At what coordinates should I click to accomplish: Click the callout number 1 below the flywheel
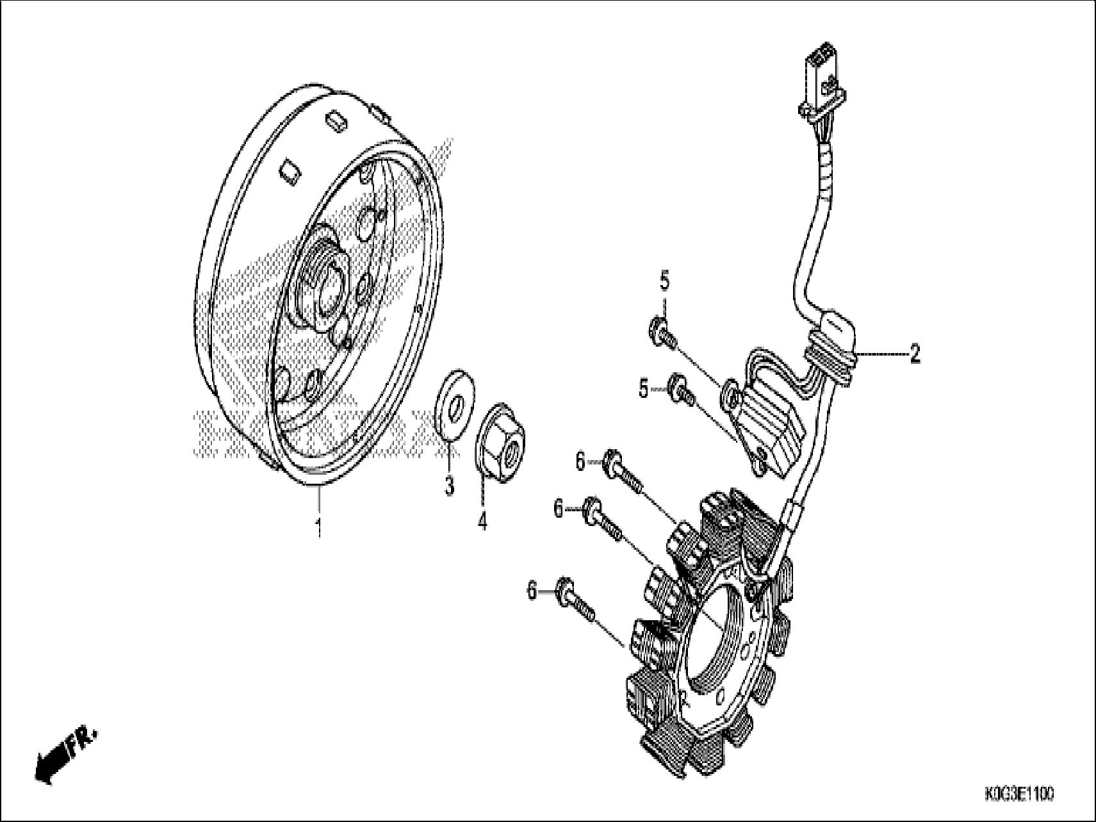coord(318,529)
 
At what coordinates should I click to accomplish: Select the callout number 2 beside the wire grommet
coord(915,354)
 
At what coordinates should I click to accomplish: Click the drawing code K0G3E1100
coord(1019,794)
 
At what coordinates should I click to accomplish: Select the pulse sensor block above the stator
coord(772,429)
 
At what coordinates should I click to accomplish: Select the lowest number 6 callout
coord(532,590)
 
